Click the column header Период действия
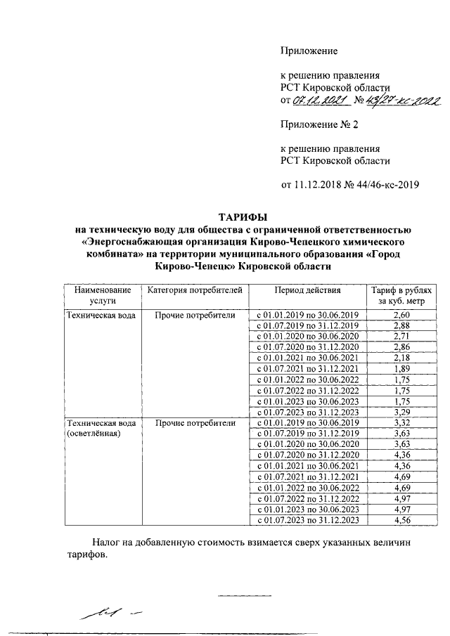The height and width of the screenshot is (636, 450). [x=307, y=290]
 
